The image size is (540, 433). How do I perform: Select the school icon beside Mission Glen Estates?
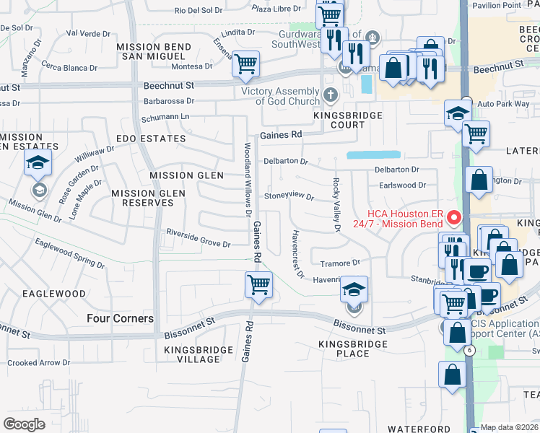coord(38,163)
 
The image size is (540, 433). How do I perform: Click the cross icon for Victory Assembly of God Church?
coord(331,95)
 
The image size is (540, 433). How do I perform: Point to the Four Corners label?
coord(120,318)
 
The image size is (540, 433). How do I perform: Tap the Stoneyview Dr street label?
coord(289,196)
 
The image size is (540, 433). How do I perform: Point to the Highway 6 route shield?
coord(469,350)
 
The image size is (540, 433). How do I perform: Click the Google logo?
coord(25,424)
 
